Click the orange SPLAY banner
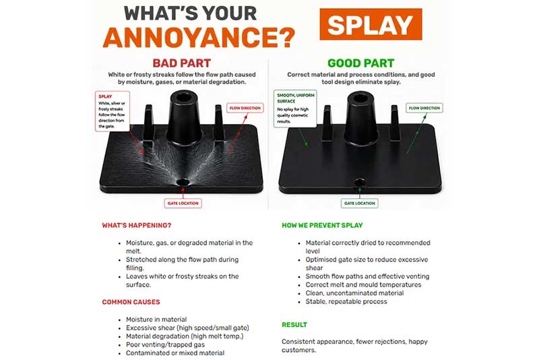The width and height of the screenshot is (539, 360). [x=371, y=24]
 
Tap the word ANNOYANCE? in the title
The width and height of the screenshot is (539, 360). [x=199, y=38]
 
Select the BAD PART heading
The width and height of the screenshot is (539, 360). [x=181, y=63]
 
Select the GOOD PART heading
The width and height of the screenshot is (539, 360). [x=360, y=63]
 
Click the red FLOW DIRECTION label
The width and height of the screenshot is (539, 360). [x=245, y=108]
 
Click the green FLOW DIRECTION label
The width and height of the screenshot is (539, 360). [x=424, y=108]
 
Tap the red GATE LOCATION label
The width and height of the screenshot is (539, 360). [x=183, y=203]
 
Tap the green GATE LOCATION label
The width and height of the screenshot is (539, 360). [x=360, y=203]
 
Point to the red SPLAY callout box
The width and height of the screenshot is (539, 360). [x=113, y=111]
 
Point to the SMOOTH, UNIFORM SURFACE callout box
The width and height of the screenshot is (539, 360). [x=295, y=109]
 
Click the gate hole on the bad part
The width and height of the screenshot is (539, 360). [x=183, y=182]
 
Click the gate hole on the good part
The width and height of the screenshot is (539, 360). [x=360, y=182]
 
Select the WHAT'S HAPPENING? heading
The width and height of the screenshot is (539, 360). [x=137, y=226]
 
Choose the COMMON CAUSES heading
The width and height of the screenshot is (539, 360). [x=131, y=302]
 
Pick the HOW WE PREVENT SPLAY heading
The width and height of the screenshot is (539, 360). [x=322, y=226]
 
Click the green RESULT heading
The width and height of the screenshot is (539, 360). [x=294, y=325]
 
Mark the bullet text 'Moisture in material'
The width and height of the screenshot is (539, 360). [x=156, y=320]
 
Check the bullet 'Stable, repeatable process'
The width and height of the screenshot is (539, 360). [x=346, y=301]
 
